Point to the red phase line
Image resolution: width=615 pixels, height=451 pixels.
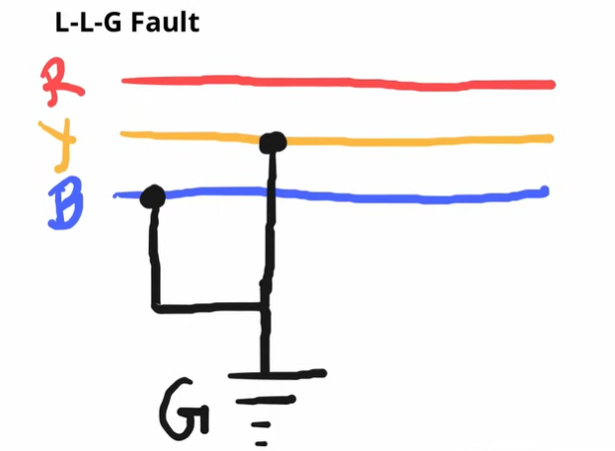336,82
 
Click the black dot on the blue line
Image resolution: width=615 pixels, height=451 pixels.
152,196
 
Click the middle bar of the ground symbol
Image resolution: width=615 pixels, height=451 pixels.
271,400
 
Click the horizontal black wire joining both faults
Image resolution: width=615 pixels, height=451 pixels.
207,309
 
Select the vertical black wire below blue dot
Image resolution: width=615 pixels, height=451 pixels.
153,257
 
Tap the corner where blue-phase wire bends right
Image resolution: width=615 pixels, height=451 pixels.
154,308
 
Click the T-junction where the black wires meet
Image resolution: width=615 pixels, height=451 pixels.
266,309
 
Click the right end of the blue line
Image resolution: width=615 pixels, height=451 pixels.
544,190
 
